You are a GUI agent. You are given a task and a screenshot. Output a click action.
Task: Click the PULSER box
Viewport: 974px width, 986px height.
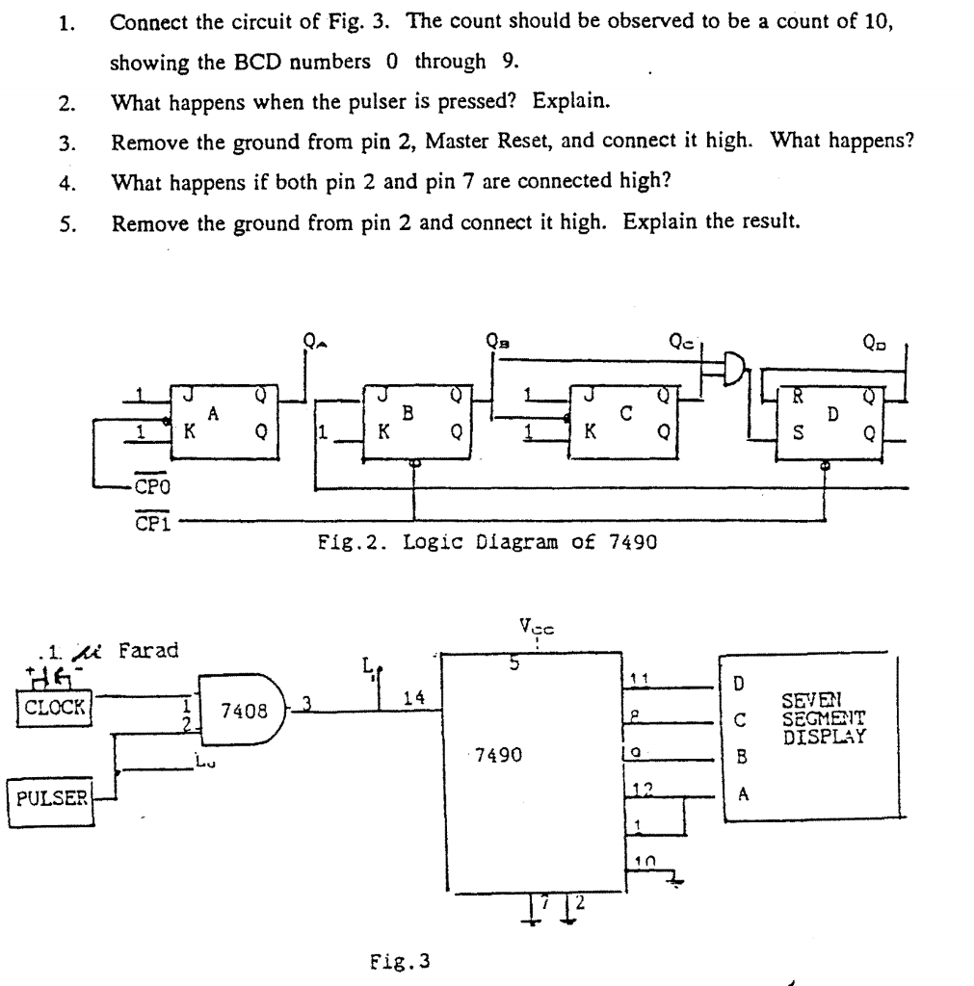(50, 797)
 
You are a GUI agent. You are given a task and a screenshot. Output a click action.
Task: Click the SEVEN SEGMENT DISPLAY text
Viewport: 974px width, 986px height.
(825, 721)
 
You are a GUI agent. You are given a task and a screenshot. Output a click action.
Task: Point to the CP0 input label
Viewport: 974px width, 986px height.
(152, 488)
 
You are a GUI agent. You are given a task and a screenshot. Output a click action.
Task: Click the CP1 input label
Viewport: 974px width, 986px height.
(152, 521)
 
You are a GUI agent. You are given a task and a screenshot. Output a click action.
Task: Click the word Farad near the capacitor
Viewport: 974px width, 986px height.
(148, 650)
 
